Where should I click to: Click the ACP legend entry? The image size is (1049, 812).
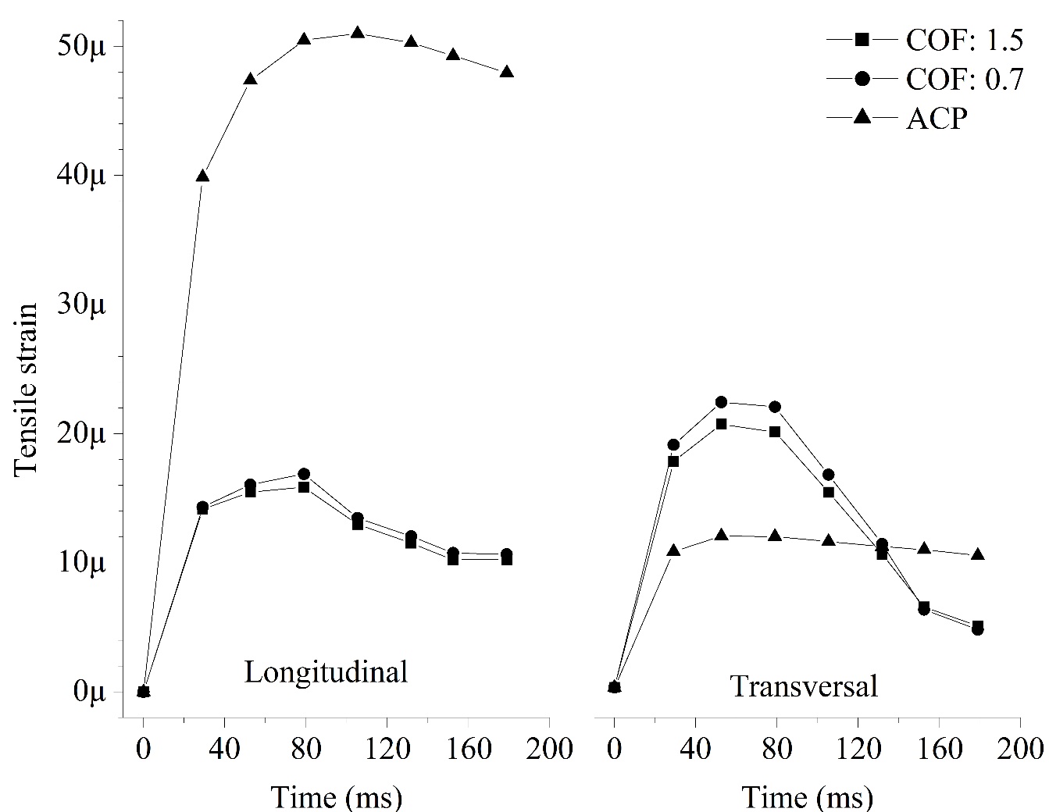937,119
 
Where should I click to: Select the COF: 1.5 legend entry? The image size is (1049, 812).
964,39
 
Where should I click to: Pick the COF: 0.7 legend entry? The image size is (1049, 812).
964,79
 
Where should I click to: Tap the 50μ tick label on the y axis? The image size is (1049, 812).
82,46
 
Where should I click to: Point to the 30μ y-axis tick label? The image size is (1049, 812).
82,304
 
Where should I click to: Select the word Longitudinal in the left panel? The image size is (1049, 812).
326,672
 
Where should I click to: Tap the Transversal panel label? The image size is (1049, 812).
804,686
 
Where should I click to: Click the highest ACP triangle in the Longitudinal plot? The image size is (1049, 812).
358,33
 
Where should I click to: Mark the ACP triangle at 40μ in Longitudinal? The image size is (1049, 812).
202,176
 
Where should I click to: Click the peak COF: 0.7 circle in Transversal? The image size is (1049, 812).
721,402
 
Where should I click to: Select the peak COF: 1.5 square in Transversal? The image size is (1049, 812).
721,424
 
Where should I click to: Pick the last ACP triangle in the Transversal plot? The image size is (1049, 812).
977,554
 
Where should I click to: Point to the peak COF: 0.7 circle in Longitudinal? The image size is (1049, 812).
304,474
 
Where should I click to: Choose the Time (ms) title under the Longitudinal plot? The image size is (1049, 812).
337,797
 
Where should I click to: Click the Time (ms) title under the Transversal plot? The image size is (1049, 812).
807,797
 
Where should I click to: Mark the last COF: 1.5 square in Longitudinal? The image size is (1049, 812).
507,560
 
